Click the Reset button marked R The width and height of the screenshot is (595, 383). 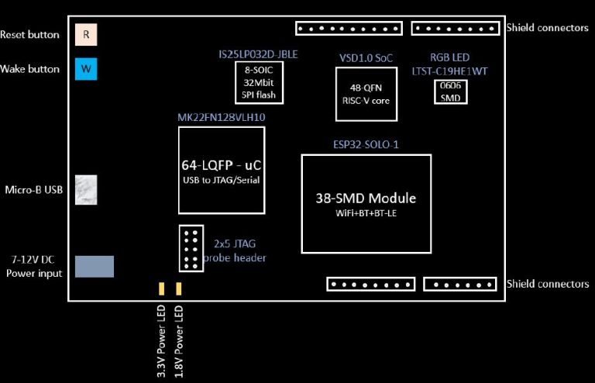(86, 35)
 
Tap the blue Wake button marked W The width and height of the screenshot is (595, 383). (86, 69)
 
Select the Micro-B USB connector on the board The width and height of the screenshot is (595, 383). (85, 190)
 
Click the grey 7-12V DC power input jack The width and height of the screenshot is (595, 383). (94, 266)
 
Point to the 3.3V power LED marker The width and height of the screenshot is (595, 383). (161, 289)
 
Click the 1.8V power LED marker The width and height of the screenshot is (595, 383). (179, 289)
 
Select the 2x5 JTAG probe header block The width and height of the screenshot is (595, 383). (190, 248)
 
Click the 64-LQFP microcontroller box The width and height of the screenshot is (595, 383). (221, 171)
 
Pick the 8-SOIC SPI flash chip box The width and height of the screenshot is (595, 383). (259, 82)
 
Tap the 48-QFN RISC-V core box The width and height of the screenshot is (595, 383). (365, 94)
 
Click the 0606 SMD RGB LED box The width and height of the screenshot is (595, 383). (449, 91)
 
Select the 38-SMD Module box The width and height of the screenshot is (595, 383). (366, 203)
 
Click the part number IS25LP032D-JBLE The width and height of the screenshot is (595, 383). (259, 55)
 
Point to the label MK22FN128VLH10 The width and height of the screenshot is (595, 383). (221, 118)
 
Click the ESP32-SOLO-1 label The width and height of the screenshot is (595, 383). (366, 145)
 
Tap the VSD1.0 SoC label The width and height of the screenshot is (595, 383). (366, 58)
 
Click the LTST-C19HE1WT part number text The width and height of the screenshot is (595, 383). (450, 71)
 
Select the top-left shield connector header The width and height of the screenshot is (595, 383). (349, 29)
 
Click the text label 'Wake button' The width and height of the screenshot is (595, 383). (30, 69)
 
